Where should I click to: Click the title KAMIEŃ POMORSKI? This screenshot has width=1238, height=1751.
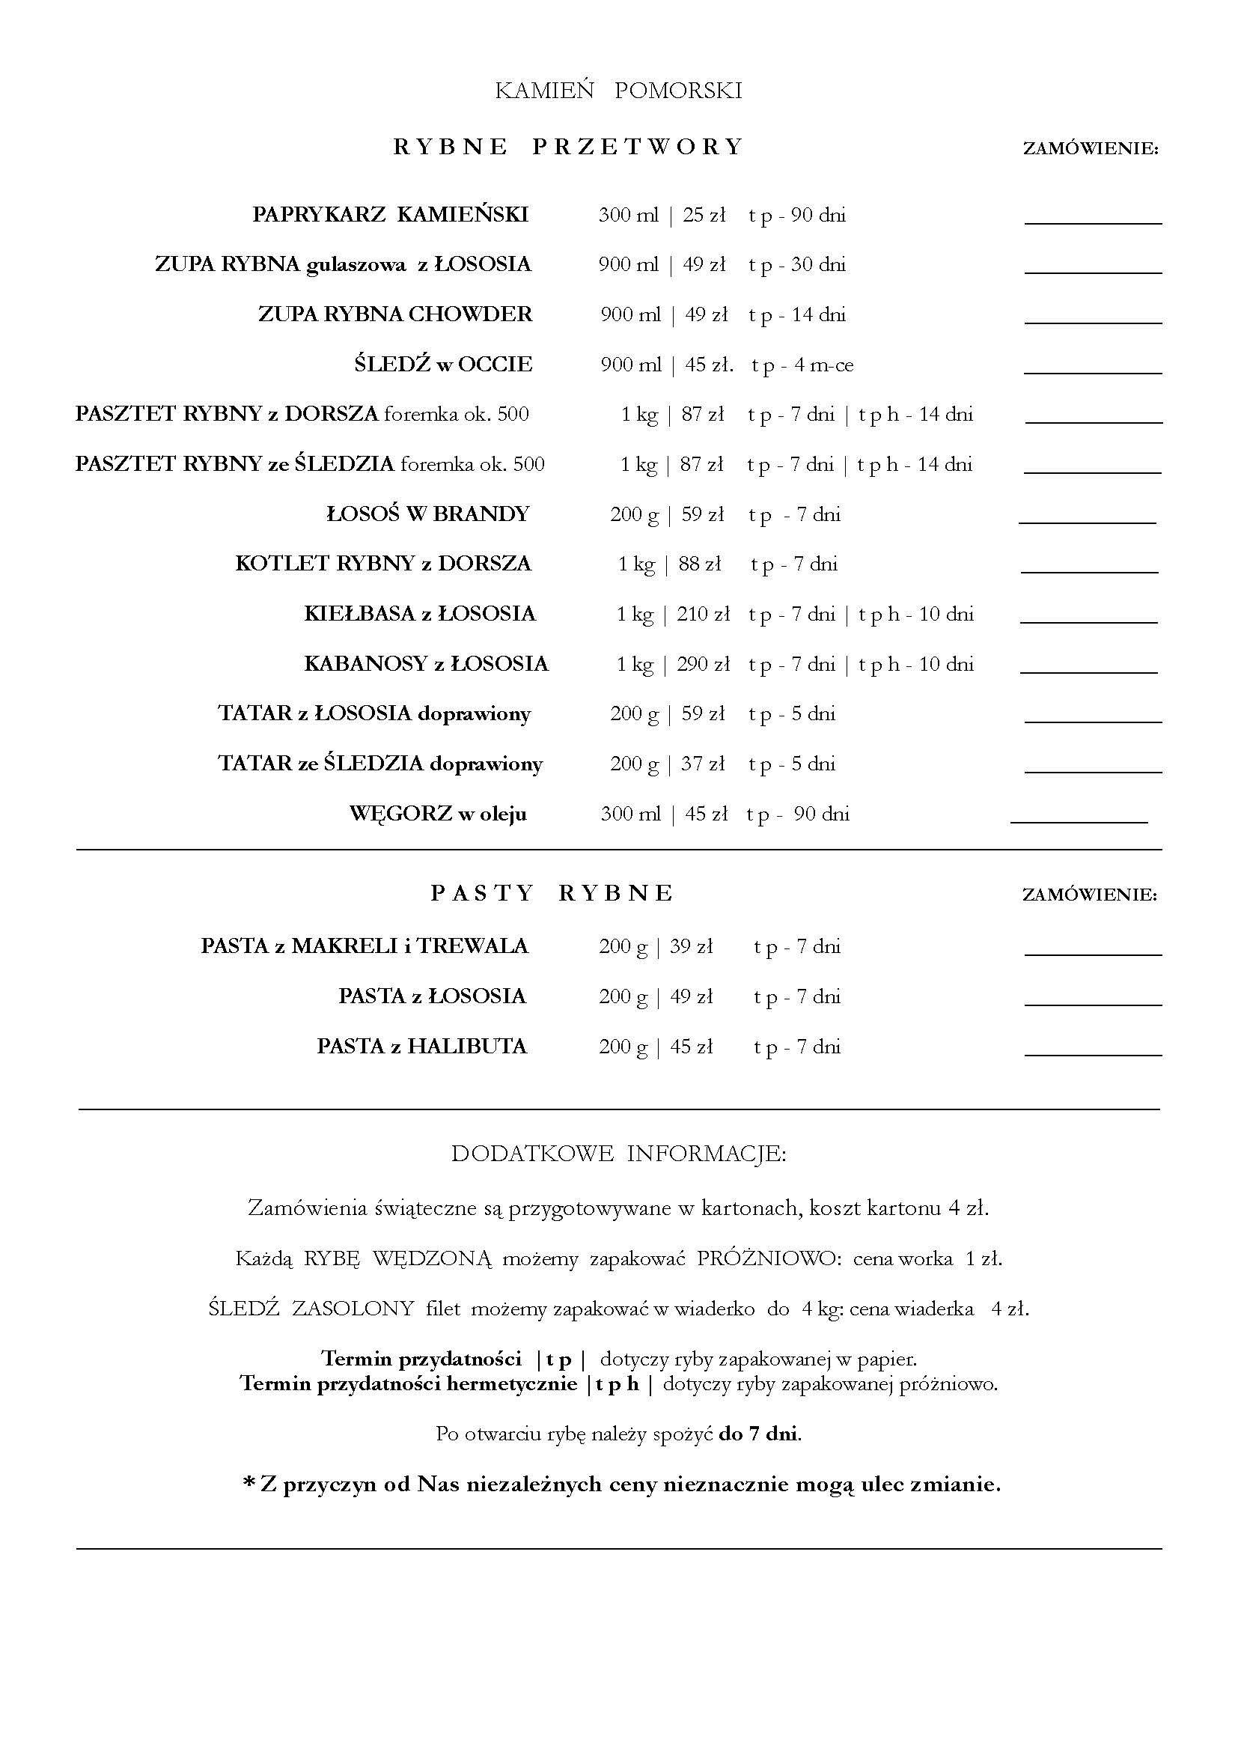[x=618, y=91]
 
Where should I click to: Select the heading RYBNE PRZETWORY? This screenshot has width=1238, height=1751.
[x=568, y=147]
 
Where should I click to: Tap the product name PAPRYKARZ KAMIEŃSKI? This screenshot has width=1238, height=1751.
[x=390, y=215]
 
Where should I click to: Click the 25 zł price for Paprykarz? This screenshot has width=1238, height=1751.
[x=704, y=215]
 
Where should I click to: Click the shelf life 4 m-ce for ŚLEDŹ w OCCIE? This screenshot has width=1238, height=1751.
[x=823, y=365]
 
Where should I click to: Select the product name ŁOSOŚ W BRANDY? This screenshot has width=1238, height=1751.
[x=427, y=514]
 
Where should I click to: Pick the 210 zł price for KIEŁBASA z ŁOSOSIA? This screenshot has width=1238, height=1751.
[x=703, y=614]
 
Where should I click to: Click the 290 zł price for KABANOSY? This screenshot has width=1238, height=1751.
[x=703, y=664]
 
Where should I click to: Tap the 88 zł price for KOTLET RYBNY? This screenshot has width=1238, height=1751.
[x=700, y=564]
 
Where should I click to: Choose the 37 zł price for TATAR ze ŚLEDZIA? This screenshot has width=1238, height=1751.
[x=703, y=764]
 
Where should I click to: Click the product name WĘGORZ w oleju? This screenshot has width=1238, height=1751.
[x=438, y=814]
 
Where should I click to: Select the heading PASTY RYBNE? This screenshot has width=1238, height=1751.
[x=552, y=893]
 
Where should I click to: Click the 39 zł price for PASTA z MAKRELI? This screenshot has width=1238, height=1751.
[x=692, y=946]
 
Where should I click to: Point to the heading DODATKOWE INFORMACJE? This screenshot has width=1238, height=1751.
[x=618, y=1153]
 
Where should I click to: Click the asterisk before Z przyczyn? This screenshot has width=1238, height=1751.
[x=248, y=1483]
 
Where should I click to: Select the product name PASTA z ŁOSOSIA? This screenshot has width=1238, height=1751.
[x=432, y=996]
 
